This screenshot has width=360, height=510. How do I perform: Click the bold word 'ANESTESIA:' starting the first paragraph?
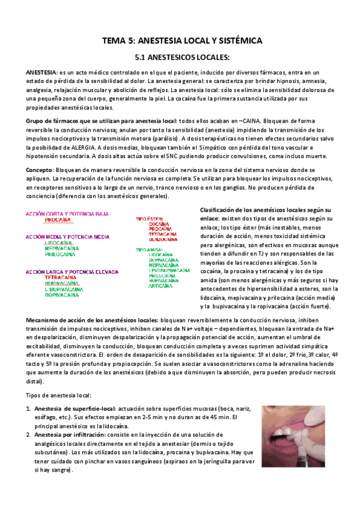point(41,72)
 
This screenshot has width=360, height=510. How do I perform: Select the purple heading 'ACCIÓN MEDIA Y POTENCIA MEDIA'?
point(67,237)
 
